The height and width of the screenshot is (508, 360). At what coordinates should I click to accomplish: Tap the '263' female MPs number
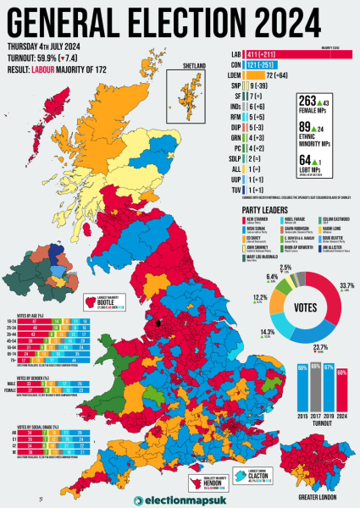coord(307,102)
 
